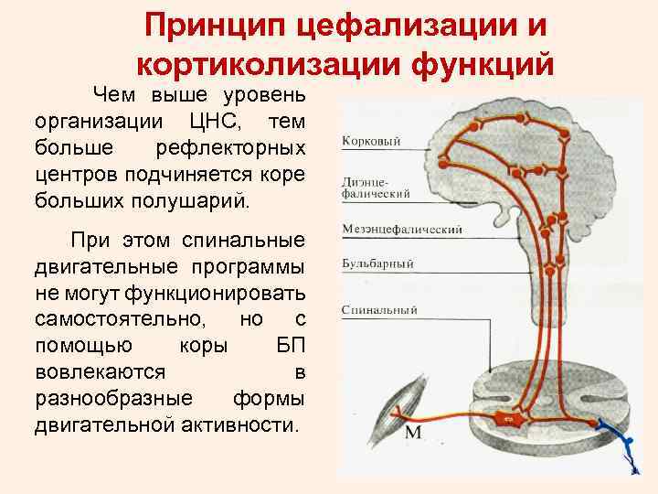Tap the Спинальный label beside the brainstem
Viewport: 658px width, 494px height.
click(379, 310)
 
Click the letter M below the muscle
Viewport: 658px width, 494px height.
click(413, 432)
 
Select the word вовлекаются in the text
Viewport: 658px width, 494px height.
click(101, 372)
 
